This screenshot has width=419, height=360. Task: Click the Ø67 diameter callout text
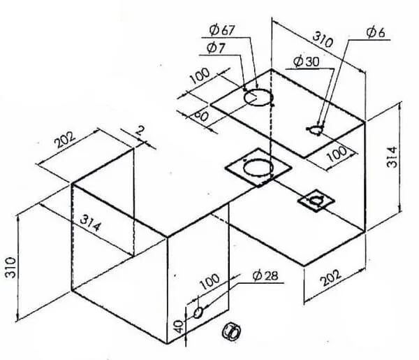[221, 30]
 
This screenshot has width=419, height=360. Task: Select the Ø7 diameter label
[216, 48]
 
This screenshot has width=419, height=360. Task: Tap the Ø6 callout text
[376, 33]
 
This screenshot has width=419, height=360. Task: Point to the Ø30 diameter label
[307, 62]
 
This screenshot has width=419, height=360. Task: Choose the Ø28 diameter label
[265, 275]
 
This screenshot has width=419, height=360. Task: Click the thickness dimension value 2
[140, 131]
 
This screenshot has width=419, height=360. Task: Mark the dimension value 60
[201, 115]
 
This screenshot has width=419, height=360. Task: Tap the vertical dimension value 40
[179, 327]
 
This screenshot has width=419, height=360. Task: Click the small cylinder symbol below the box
[231, 332]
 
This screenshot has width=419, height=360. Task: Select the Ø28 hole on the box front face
[198, 312]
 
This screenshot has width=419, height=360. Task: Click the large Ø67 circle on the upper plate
[258, 98]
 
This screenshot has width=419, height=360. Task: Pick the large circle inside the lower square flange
[258, 168]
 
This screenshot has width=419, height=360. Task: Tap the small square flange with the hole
[316, 201]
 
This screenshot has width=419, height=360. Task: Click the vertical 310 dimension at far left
[11, 267]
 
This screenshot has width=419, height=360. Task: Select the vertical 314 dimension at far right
[392, 157]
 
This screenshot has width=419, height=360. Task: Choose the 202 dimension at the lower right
[331, 278]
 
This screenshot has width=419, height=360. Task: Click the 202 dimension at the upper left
[65, 140]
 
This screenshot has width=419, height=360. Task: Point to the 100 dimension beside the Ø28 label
[211, 282]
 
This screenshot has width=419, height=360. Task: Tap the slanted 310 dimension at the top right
[323, 40]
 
